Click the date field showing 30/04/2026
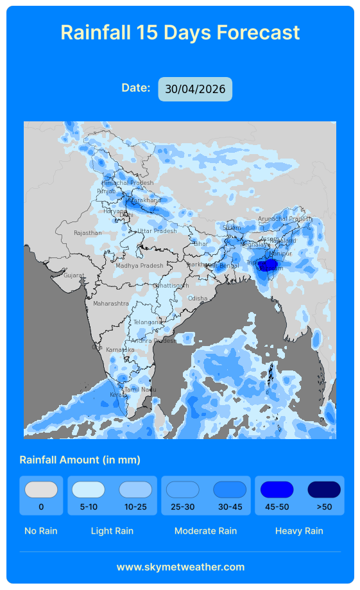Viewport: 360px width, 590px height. [195, 89]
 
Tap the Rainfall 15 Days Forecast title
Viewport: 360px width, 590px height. [180, 32]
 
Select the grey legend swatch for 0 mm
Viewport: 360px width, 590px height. [41, 490]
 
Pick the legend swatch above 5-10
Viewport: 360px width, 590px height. [88, 490]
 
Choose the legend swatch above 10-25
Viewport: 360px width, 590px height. [135, 490]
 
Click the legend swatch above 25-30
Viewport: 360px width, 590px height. [183, 490]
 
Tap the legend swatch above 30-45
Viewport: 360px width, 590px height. [230, 490]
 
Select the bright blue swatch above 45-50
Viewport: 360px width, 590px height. [277, 490]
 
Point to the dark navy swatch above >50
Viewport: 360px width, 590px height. [324, 490]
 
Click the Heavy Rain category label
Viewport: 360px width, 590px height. [299, 531]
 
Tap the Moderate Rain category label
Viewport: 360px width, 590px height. [205, 531]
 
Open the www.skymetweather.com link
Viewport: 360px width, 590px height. [180, 567]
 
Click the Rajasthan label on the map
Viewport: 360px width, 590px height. [87, 233]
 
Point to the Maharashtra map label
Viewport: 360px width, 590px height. [110, 303]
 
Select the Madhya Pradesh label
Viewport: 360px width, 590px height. [139, 266]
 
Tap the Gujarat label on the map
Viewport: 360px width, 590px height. [73, 275]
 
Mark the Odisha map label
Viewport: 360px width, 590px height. [198, 299]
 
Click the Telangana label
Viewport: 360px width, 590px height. [147, 322]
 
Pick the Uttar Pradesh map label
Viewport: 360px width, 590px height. [157, 231]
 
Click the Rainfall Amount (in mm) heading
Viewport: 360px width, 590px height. [80, 460]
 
